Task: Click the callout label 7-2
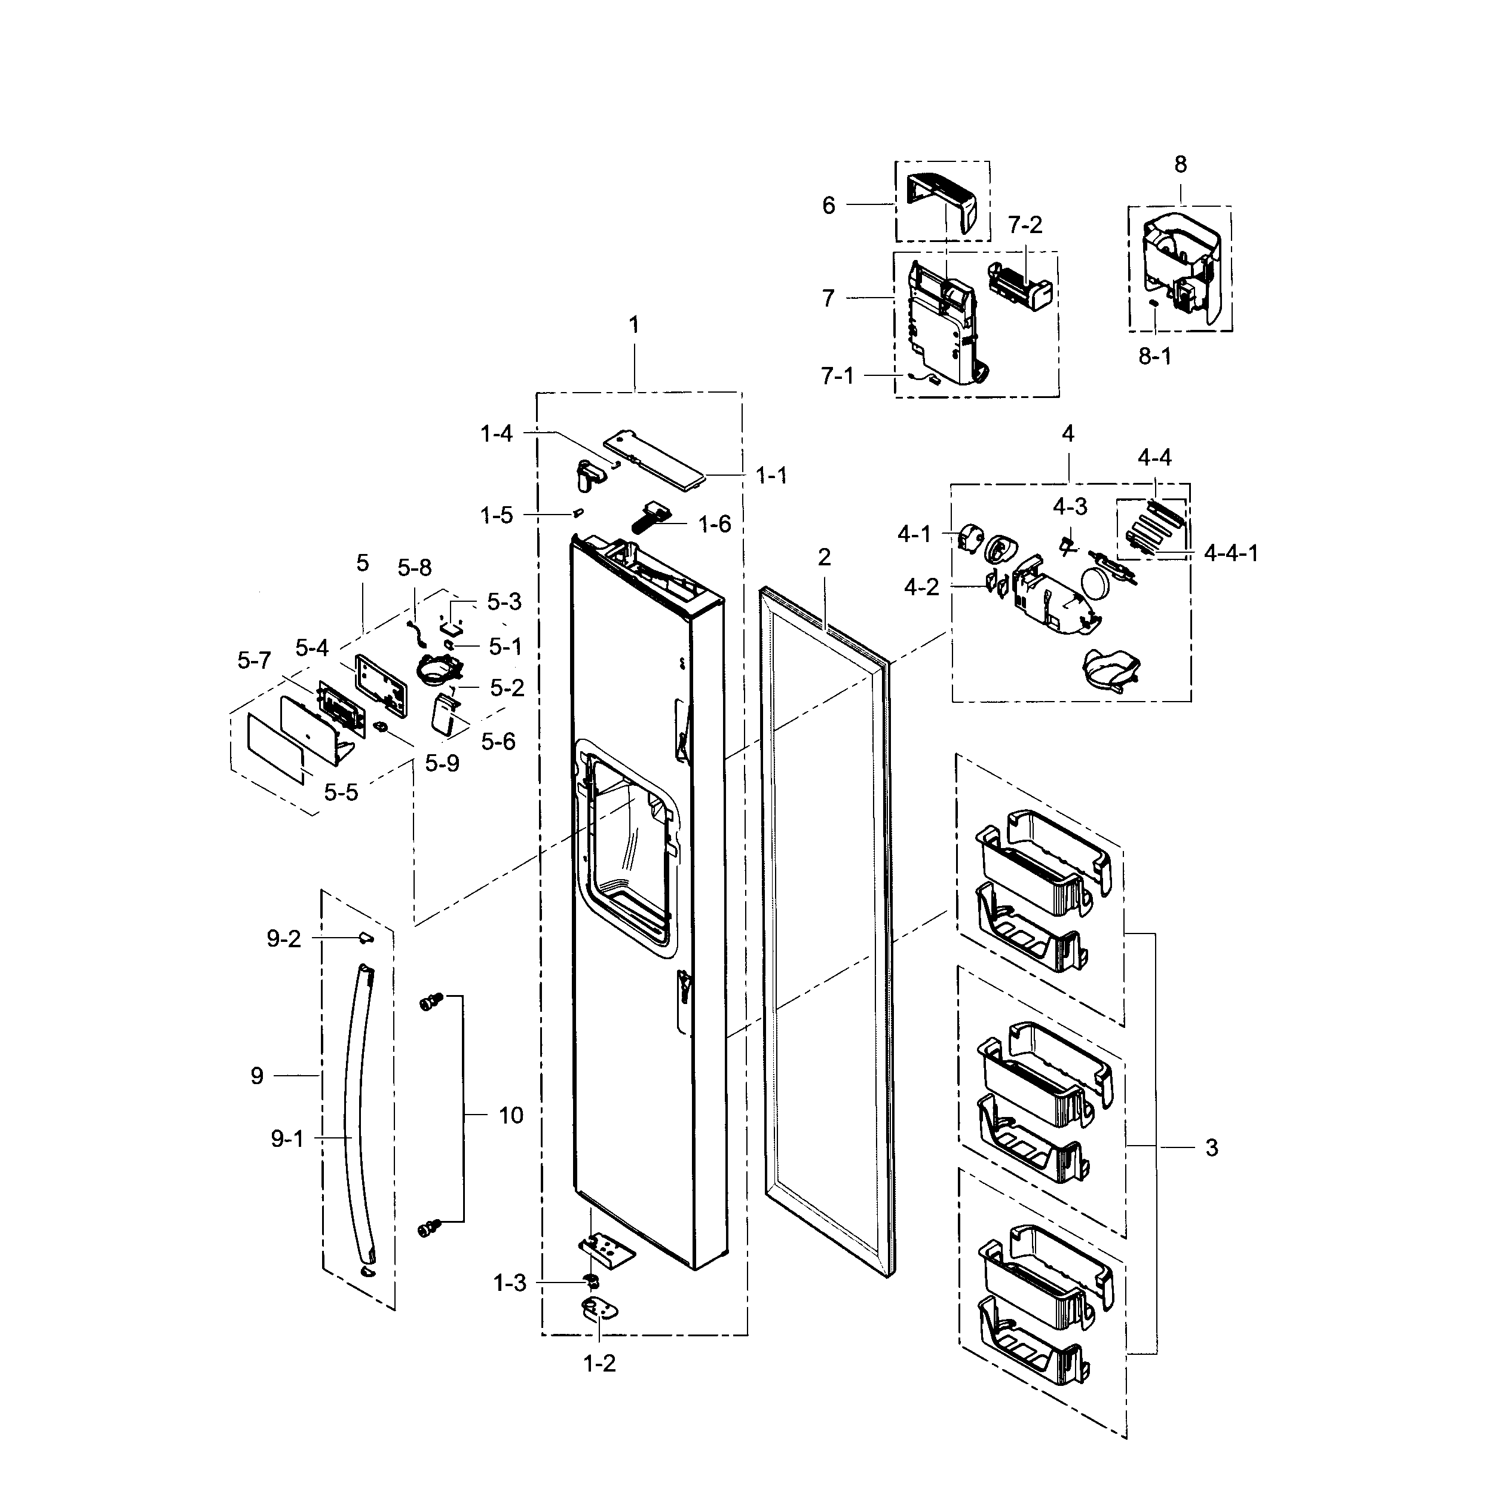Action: pyautogui.click(x=1024, y=225)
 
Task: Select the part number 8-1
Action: pyautogui.click(x=1154, y=357)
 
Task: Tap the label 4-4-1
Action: pyautogui.click(x=1231, y=553)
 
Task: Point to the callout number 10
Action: pyautogui.click(x=510, y=1115)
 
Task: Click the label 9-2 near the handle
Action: pyautogui.click(x=283, y=939)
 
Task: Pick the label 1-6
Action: pyautogui.click(x=715, y=524)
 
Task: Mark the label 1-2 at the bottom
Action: pyautogui.click(x=599, y=1363)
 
